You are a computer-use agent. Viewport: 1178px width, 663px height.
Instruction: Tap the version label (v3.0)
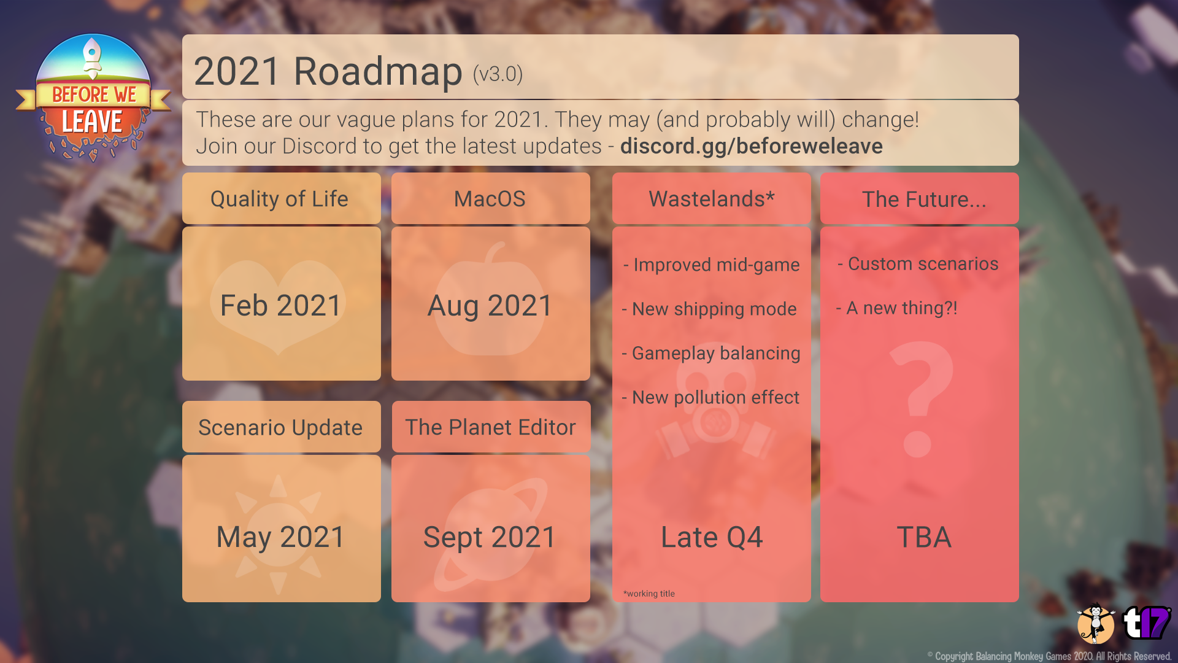(x=498, y=74)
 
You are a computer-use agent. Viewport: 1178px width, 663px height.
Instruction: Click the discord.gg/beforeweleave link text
(x=751, y=146)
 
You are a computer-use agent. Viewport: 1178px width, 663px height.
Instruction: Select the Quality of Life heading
(x=279, y=199)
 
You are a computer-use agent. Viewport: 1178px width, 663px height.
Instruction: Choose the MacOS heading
(x=490, y=199)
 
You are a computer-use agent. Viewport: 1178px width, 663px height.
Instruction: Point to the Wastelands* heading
(x=712, y=198)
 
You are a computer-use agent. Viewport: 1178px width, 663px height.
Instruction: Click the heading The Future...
(x=924, y=200)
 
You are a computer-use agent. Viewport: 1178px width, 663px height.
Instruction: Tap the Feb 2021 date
(x=280, y=305)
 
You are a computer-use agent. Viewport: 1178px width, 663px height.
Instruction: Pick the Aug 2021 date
(x=490, y=306)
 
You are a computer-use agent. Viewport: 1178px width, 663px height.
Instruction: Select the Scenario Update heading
(x=280, y=427)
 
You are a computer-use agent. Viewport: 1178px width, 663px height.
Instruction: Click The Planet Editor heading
(x=490, y=427)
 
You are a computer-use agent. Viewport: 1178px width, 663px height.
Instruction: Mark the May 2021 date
(x=280, y=537)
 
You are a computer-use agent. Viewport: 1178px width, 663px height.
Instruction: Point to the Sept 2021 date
(x=490, y=537)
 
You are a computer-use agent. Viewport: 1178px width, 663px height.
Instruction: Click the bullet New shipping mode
(x=709, y=309)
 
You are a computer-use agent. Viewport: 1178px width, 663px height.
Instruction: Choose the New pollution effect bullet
(x=710, y=397)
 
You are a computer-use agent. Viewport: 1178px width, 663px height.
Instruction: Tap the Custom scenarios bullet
(x=918, y=264)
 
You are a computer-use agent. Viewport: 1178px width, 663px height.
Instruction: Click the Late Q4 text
(x=712, y=537)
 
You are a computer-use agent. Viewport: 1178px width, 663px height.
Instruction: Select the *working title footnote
(x=649, y=594)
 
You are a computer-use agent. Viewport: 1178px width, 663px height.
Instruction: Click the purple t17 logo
(x=1146, y=623)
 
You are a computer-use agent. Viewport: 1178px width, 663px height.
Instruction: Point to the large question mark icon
(x=920, y=399)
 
